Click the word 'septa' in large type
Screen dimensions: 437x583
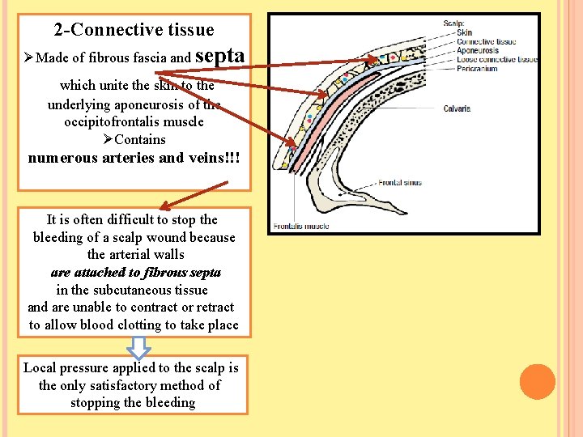click(x=220, y=56)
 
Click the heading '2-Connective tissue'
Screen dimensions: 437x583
click(x=134, y=30)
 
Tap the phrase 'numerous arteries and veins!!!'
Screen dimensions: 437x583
click(x=134, y=158)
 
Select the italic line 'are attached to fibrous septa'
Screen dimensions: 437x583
click(x=135, y=272)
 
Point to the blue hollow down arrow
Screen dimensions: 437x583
click(x=139, y=347)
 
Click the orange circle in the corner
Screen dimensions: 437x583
click(x=537, y=381)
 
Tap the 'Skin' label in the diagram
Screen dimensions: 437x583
click(x=465, y=33)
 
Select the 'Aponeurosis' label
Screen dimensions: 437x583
click(x=478, y=50)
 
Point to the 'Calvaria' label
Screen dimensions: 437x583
click(x=457, y=108)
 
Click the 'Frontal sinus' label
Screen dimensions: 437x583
click(x=400, y=183)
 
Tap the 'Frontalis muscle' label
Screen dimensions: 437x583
click(x=301, y=226)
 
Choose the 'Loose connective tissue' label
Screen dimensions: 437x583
click(x=496, y=59)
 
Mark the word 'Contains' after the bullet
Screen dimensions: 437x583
click(x=140, y=139)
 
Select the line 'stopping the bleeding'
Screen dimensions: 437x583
click(x=133, y=402)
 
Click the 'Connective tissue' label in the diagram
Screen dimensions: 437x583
click(x=486, y=41)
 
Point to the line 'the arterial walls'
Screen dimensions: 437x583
click(x=135, y=254)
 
